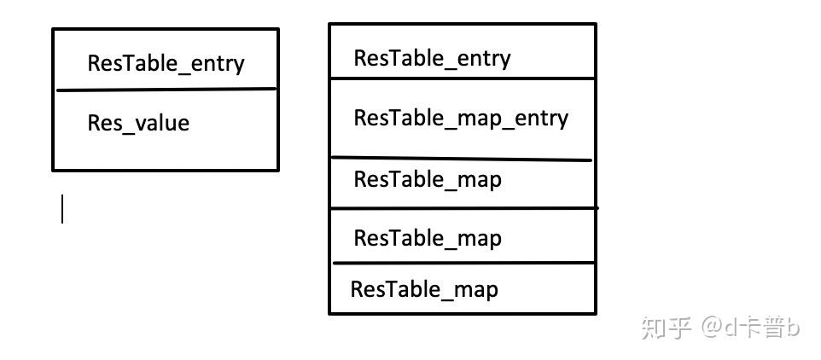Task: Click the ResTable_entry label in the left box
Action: (166, 63)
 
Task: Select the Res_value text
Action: (138, 124)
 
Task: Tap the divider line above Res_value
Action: (166, 90)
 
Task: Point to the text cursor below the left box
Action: (62, 208)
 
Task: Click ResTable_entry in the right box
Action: (432, 58)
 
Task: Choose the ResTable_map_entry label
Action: (461, 118)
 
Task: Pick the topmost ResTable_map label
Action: (428, 179)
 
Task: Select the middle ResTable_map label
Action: (428, 238)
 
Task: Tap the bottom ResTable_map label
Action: (424, 289)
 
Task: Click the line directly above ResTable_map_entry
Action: (462, 78)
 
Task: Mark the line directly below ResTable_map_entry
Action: (462, 159)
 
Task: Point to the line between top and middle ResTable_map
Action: (462, 207)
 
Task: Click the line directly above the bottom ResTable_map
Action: (462, 263)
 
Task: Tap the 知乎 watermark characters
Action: (666, 327)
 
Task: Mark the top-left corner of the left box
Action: (53, 30)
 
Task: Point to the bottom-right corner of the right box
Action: (595, 313)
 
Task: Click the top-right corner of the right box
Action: (595, 25)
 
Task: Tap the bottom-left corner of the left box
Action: (53, 170)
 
